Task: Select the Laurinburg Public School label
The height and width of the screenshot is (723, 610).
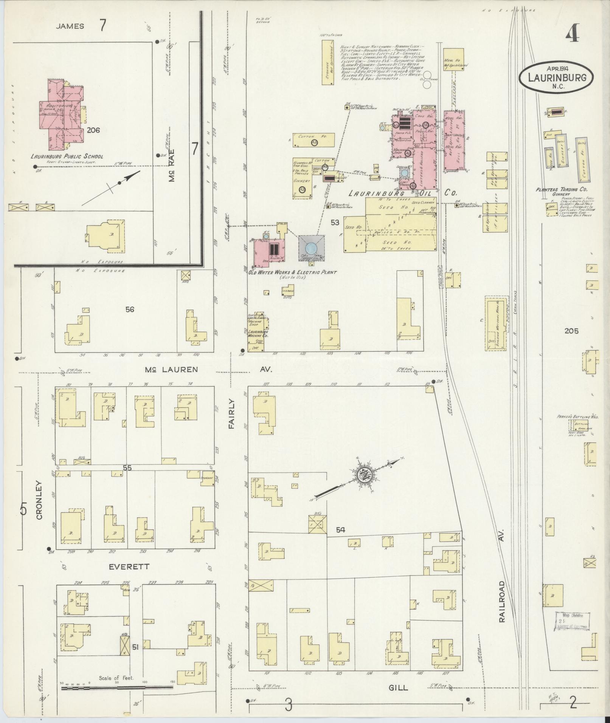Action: coord(67,156)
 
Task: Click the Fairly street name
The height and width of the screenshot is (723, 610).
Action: coord(232,414)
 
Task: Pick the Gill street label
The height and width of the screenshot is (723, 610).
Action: coord(398,687)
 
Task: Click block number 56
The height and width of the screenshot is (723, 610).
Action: coord(130,309)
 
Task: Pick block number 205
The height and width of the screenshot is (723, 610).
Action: coord(571,331)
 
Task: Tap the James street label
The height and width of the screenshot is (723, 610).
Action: coord(70,26)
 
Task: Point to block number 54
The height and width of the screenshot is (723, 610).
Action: coord(341,531)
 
